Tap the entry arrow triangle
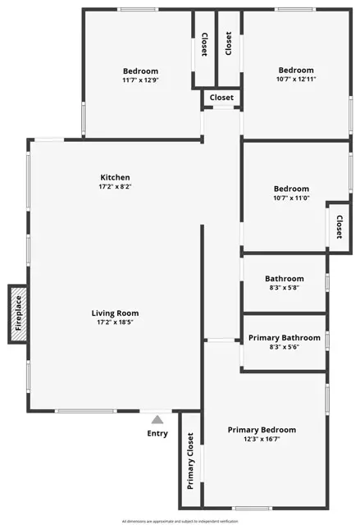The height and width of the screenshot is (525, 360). (x=157, y=419)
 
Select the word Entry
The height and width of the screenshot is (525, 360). (x=157, y=433)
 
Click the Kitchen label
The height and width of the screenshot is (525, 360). (x=115, y=177)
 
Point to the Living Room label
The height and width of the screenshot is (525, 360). (x=115, y=313)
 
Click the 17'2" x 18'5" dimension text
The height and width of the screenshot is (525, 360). (x=115, y=322)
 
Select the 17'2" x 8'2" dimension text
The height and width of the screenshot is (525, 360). (x=115, y=187)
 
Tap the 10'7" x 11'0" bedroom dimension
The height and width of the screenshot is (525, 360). (x=291, y=199)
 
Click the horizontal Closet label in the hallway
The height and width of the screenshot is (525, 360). (x=221, y=98)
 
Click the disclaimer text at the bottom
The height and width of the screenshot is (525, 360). (x=180, y=521)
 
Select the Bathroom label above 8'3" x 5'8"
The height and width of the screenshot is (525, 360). (x=285, y=279)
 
